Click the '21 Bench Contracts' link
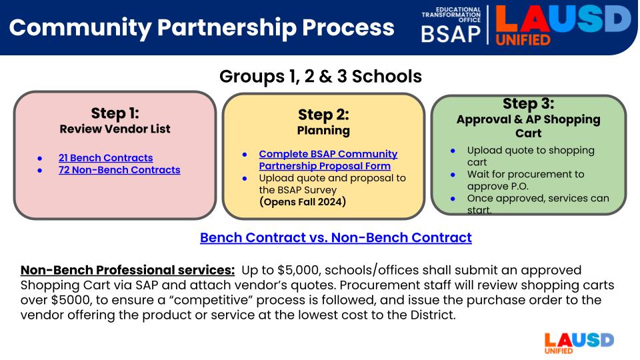(106, 158)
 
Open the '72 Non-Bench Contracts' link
(119, 170)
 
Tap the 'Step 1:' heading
(115, 113)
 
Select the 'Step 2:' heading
(324, 115)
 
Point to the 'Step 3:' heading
(529, 104)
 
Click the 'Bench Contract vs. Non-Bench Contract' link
(336, 237)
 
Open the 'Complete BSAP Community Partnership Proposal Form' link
(328, 160)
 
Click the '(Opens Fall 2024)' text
(303, 201)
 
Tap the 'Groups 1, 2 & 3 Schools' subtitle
(321, 76)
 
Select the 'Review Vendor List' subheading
(115, 129)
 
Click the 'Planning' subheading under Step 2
(324, 131)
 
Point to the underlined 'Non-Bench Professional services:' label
(128, 270)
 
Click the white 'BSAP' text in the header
(451, 34)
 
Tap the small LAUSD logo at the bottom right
(579, 343)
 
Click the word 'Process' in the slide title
(348, 27)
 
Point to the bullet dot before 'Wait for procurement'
(453, 175)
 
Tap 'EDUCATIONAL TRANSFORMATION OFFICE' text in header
(451, 15)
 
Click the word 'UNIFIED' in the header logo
(523, 39)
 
